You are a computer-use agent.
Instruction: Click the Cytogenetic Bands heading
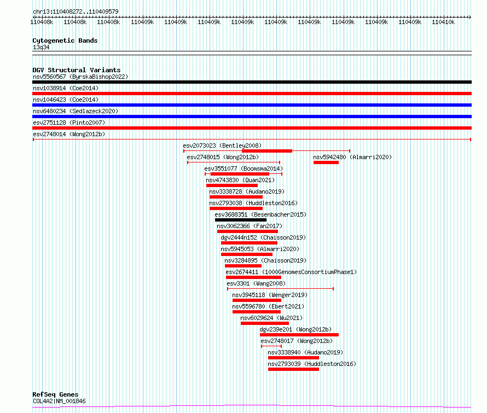(65, 40)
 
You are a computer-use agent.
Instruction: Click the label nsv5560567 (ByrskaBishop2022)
(80, 77)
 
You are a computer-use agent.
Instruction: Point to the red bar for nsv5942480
(326, 162)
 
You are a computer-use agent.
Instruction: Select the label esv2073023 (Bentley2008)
(222, 146)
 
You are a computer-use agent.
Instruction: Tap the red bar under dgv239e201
(299, 335)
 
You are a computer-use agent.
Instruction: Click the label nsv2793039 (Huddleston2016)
(311, 364)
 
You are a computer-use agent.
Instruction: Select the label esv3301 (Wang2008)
(256, 283)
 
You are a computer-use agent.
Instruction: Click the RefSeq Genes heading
(55, 394)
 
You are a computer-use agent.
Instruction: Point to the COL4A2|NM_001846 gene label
(59, 401)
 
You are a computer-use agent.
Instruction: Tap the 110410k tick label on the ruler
(443, 22)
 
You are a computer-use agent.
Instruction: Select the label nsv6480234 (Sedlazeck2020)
(75, 111)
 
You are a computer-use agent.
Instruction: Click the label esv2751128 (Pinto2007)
(68, 123)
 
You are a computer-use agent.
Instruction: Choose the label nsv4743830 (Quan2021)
(237, 180)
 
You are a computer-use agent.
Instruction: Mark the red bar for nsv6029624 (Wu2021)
(264, 323)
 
